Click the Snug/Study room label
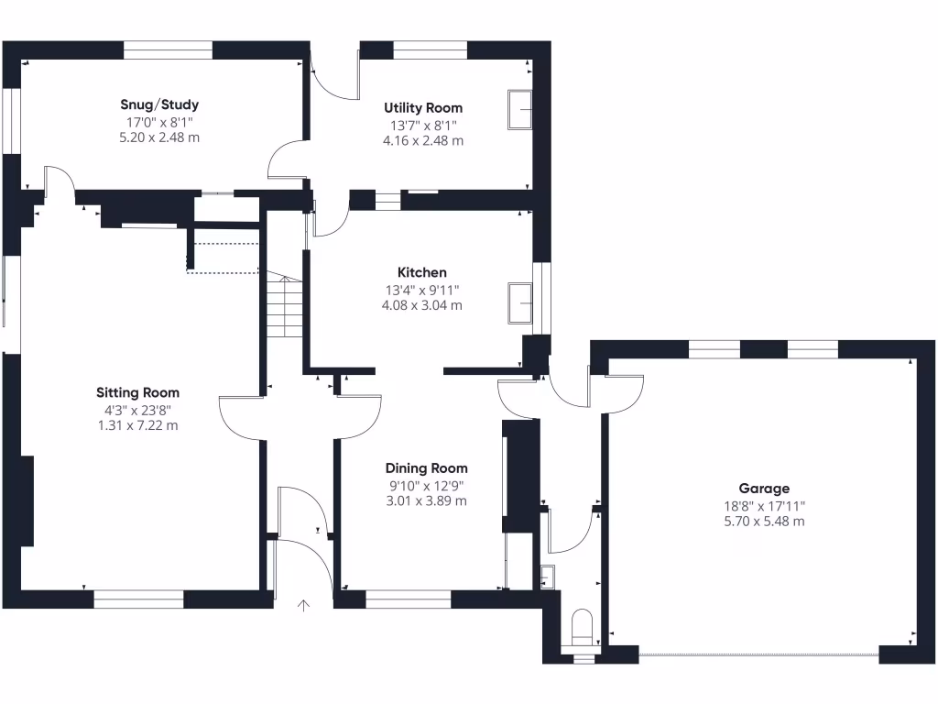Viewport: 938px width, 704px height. pos(159,104)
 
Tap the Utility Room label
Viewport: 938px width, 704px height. pos(423,108)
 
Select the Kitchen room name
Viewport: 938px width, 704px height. pos(421,272)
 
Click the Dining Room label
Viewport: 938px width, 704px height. pos(426,468)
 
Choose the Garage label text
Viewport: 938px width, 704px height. pos(764,489)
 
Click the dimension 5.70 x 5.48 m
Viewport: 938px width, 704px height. pos(764,522)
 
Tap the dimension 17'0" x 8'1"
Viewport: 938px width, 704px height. pos(159,122)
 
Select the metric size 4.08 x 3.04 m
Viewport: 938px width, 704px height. pos(421,305)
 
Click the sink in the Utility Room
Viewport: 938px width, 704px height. pos(520,111)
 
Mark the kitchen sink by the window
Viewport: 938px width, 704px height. pos(521,302)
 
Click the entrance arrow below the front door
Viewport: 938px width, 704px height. pos(304,605)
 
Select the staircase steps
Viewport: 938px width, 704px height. pos(285,307)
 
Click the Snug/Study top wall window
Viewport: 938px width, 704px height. pos(168,50)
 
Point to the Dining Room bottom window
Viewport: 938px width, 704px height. pos(408,599)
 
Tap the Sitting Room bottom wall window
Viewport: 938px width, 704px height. pos(138,599)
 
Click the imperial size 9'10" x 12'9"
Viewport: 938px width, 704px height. pos(426,485)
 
